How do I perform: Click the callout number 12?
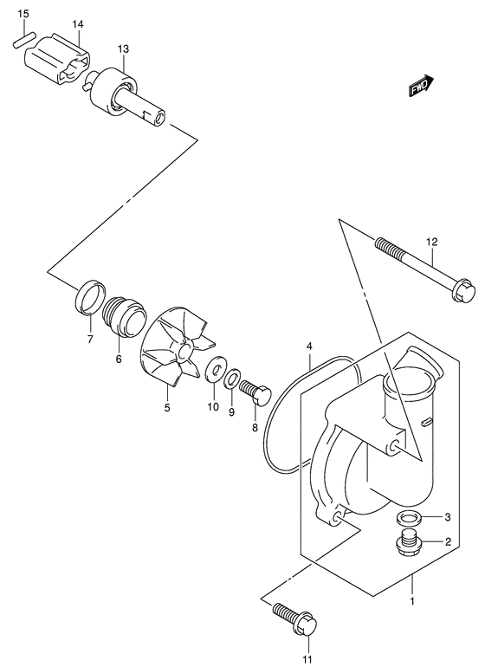pos(432,242)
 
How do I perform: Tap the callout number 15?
pos(23,15)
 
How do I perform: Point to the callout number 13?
pos(123,49)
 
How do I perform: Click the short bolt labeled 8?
pos(252,395)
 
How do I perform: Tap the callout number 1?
pos(412,600)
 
